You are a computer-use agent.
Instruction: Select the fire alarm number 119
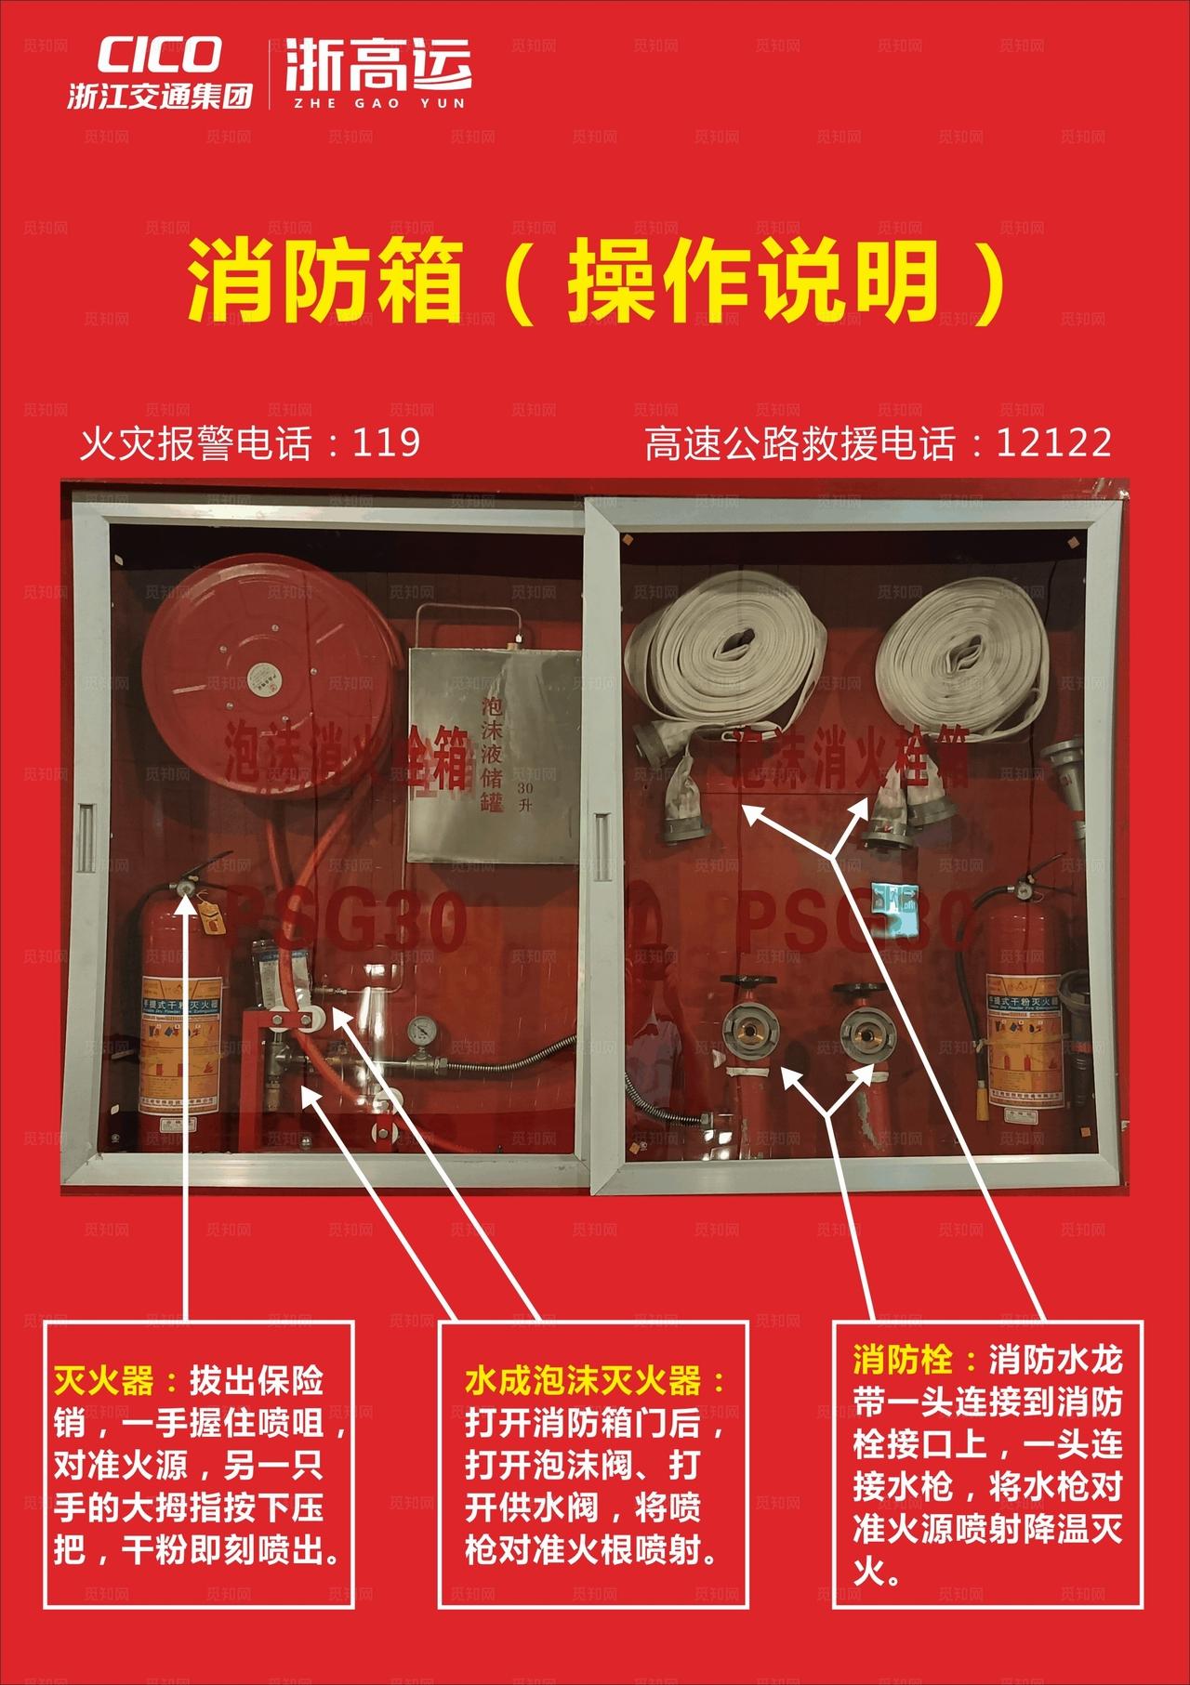pos(386,443)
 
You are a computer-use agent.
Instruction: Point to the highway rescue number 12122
pos(1053,443)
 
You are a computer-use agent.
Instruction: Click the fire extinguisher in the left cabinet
pos(179,1022)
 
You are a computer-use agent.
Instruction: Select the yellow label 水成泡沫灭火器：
pos(595,1381)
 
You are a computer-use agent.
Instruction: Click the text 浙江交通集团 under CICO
pos(159,97)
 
